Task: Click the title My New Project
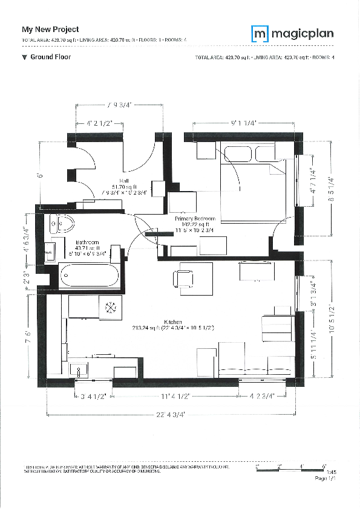tap(50, 29)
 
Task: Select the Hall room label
tap(124, 181)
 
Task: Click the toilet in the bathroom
tap(62, 224)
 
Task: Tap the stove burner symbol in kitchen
tap(111, 306)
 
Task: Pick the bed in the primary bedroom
tap(251, 178)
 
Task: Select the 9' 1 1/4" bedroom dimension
tap(244, 123)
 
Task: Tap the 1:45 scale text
tap(322, 473)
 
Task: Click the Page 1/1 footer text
tap(325, 478)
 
